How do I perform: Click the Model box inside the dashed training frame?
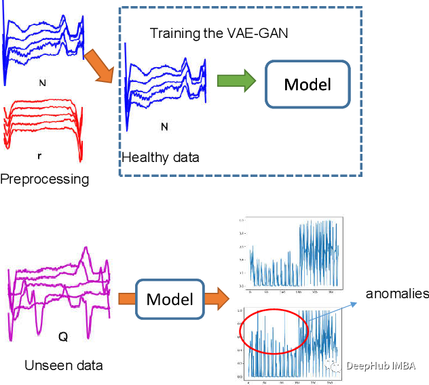point(307,85)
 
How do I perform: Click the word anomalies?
point(397,293)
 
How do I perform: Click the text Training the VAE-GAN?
point(219,33)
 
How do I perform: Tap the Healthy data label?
point(161,158)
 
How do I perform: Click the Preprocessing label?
point(45,180)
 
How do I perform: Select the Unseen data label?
point(63,365)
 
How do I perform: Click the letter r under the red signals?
point(39,155)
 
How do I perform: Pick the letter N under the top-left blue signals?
point(43,83)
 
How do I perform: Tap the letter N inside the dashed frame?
point(164,126)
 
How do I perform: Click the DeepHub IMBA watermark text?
point(384,365)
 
